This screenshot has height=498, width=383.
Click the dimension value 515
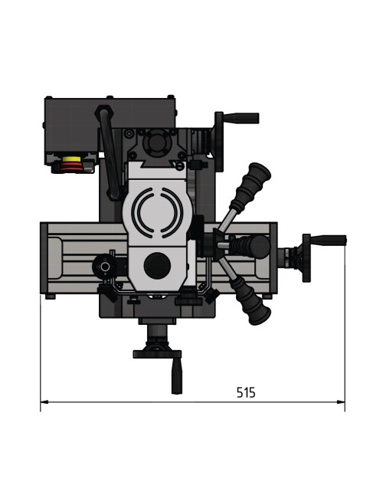pyautogui.click(x=245, y=392)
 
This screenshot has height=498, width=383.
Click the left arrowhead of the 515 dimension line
pyautogui.click(x=44, y=401)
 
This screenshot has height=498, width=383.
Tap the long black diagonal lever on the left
pyautogui.click(x=112, y=153)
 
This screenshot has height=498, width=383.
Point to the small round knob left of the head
pyautogui.click(x=101, y=266)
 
